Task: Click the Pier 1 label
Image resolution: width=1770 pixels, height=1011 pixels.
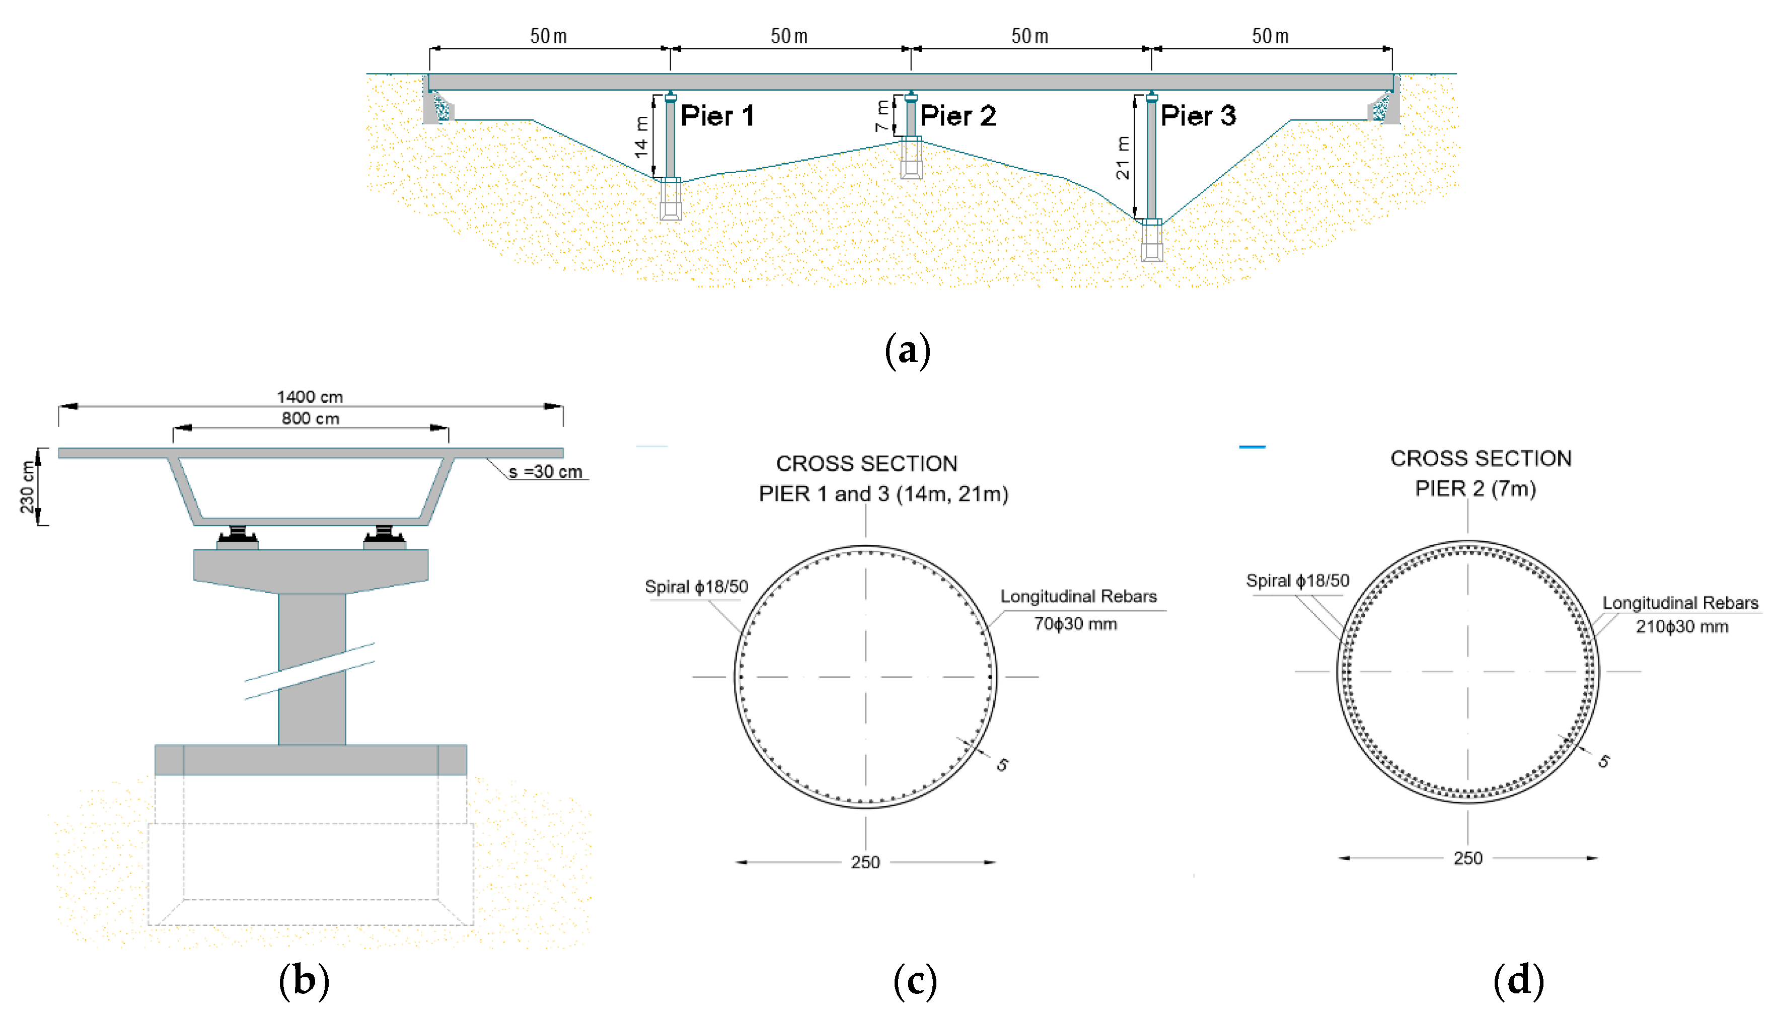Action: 716,116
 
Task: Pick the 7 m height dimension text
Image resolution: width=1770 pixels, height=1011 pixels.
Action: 881,116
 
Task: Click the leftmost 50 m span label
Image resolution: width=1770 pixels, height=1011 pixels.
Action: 548,36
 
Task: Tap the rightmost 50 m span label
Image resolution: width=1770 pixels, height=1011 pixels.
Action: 1270,36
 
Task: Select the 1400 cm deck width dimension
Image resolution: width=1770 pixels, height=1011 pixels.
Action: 310,396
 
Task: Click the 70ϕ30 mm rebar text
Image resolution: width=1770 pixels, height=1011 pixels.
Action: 1075,623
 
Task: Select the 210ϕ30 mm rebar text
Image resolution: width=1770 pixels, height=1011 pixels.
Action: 1681,626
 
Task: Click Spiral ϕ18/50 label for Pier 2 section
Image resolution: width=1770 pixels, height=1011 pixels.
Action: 1297,581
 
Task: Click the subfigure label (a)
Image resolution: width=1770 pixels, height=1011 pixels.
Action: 907,350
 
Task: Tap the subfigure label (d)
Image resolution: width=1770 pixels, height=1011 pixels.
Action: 1518,980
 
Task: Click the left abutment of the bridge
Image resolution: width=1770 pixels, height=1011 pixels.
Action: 437,103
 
